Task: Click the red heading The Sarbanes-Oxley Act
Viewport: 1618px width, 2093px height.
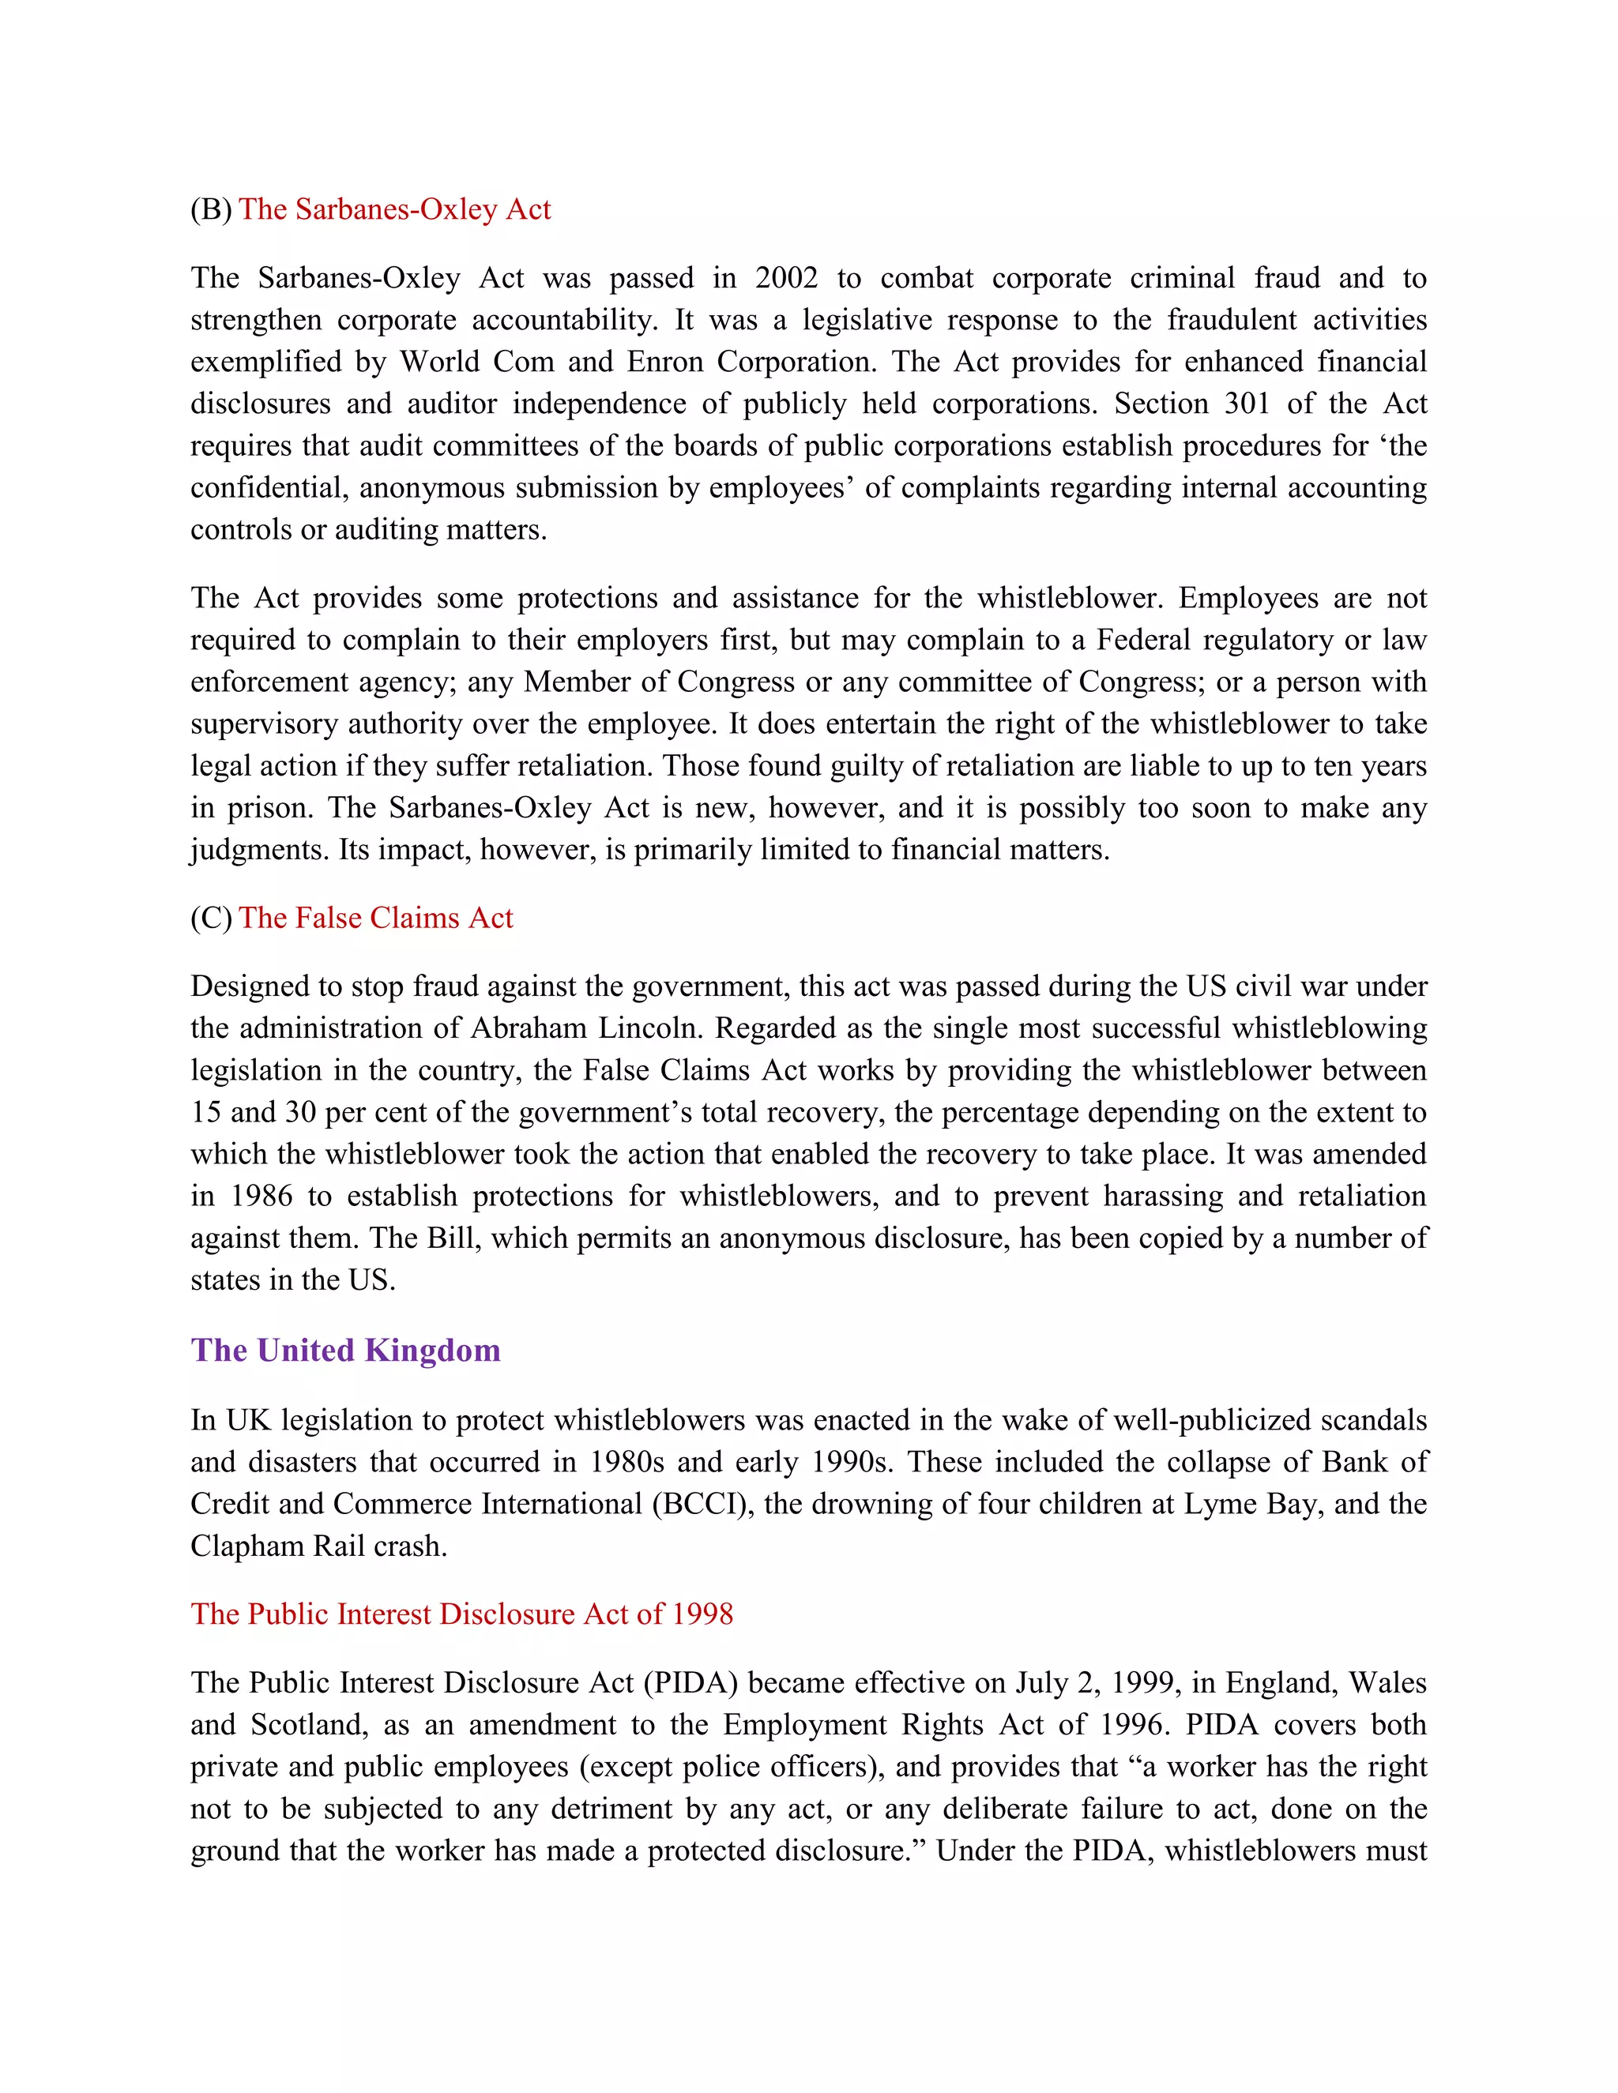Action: pos(394,209)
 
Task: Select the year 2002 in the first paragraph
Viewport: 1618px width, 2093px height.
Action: pos(786,278)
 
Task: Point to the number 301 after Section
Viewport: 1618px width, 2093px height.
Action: pos(1247,404)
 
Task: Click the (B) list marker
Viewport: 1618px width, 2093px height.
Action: pos(211,209)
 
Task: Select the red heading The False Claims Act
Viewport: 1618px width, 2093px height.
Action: pos(376,918)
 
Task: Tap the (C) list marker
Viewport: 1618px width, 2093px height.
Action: pos(211,918)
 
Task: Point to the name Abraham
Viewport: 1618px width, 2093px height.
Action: pos(529,1028)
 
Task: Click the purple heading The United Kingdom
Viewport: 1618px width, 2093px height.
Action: pos(345,1351)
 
